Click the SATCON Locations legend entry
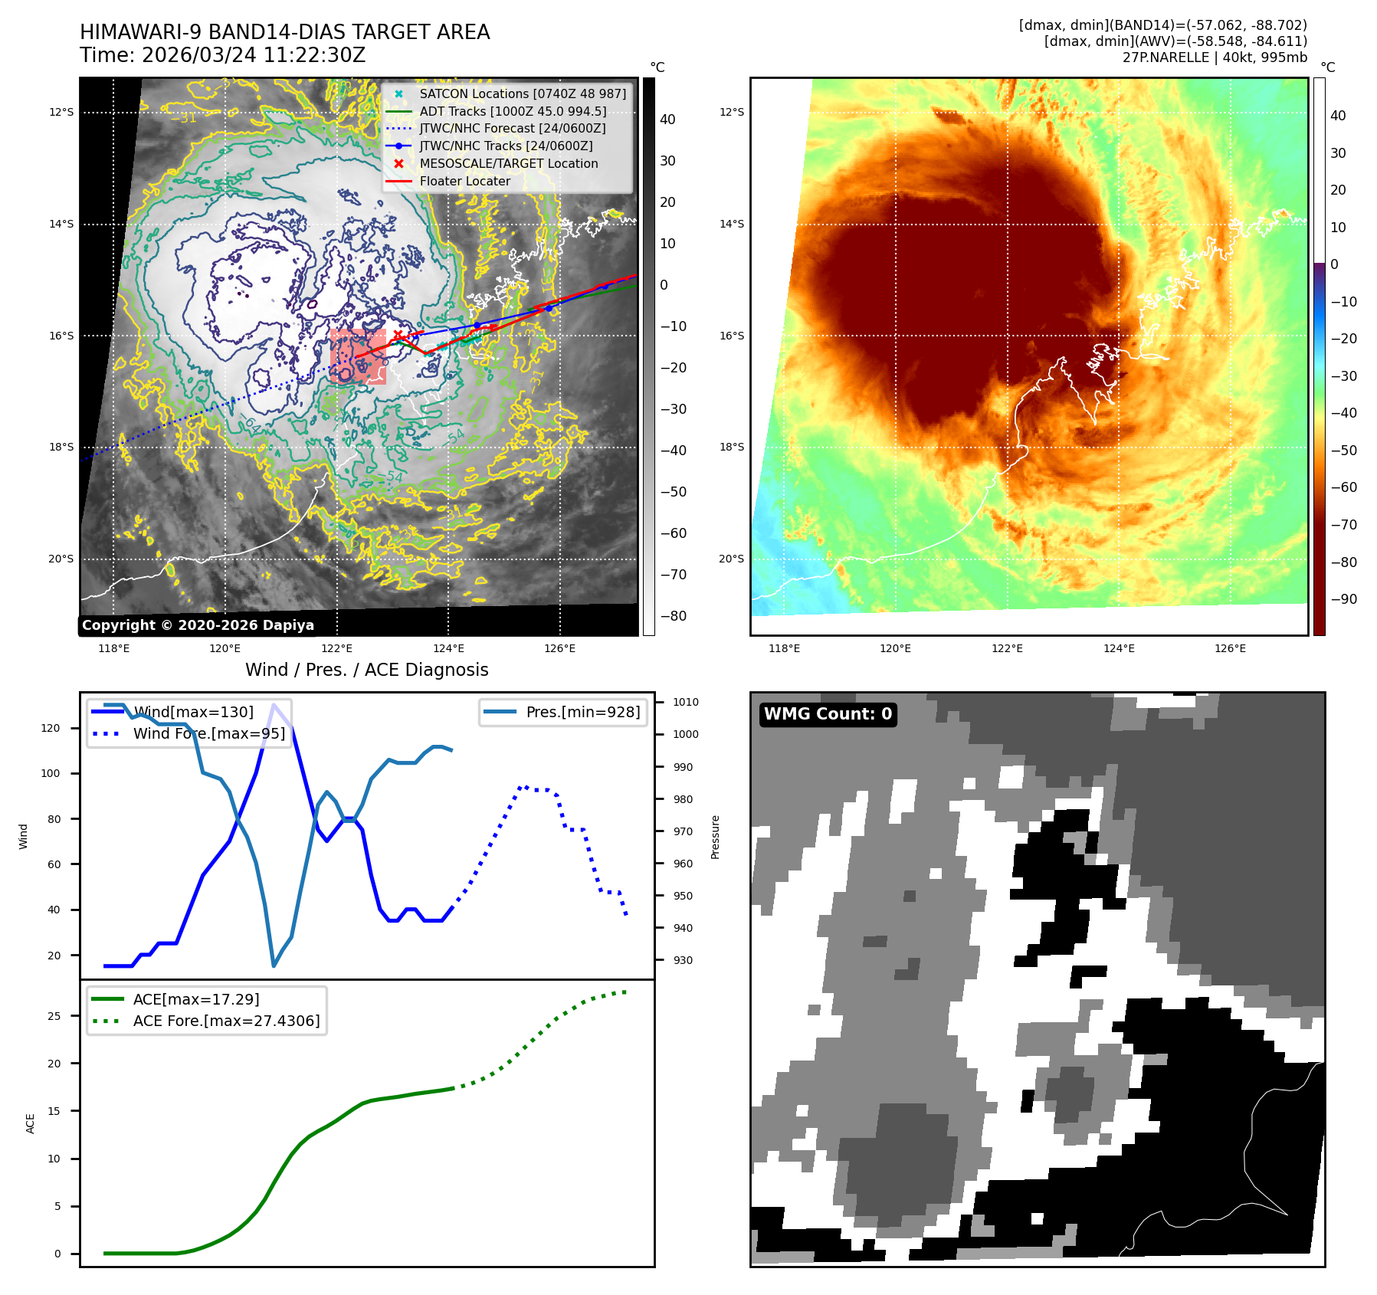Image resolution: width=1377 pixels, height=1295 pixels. point(523,93)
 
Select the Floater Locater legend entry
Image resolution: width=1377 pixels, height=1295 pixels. point(464,181)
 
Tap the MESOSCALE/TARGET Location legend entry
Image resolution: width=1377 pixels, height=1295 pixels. point(508,163)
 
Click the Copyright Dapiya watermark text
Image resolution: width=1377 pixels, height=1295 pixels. point(198,625)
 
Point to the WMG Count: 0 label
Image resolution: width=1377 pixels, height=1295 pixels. point(828,714)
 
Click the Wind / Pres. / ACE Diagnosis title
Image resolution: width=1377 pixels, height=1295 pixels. point(366,670)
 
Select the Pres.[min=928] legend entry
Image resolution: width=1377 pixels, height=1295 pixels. point(582,712)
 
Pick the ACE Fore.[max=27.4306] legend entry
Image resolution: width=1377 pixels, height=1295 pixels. point(226,1021)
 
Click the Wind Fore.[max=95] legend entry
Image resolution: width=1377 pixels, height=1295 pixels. point(208,733)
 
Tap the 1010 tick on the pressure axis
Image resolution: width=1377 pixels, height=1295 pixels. point(685,702)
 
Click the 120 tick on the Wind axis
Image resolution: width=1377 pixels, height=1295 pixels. point(51,728)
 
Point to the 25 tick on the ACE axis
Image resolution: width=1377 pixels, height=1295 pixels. point(54,1016)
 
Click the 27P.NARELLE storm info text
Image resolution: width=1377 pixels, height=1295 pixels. point(1215,57)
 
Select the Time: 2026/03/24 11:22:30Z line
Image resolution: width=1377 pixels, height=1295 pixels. point(222,55)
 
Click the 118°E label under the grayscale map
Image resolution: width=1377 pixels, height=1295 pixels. point(113,648)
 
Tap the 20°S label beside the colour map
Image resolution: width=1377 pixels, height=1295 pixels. point(731,559)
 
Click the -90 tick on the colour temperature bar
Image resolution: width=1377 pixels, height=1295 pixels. point(1343,599)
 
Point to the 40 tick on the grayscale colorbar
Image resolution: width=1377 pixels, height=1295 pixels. point(667,120)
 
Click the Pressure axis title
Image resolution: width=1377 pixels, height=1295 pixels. point(715,837)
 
